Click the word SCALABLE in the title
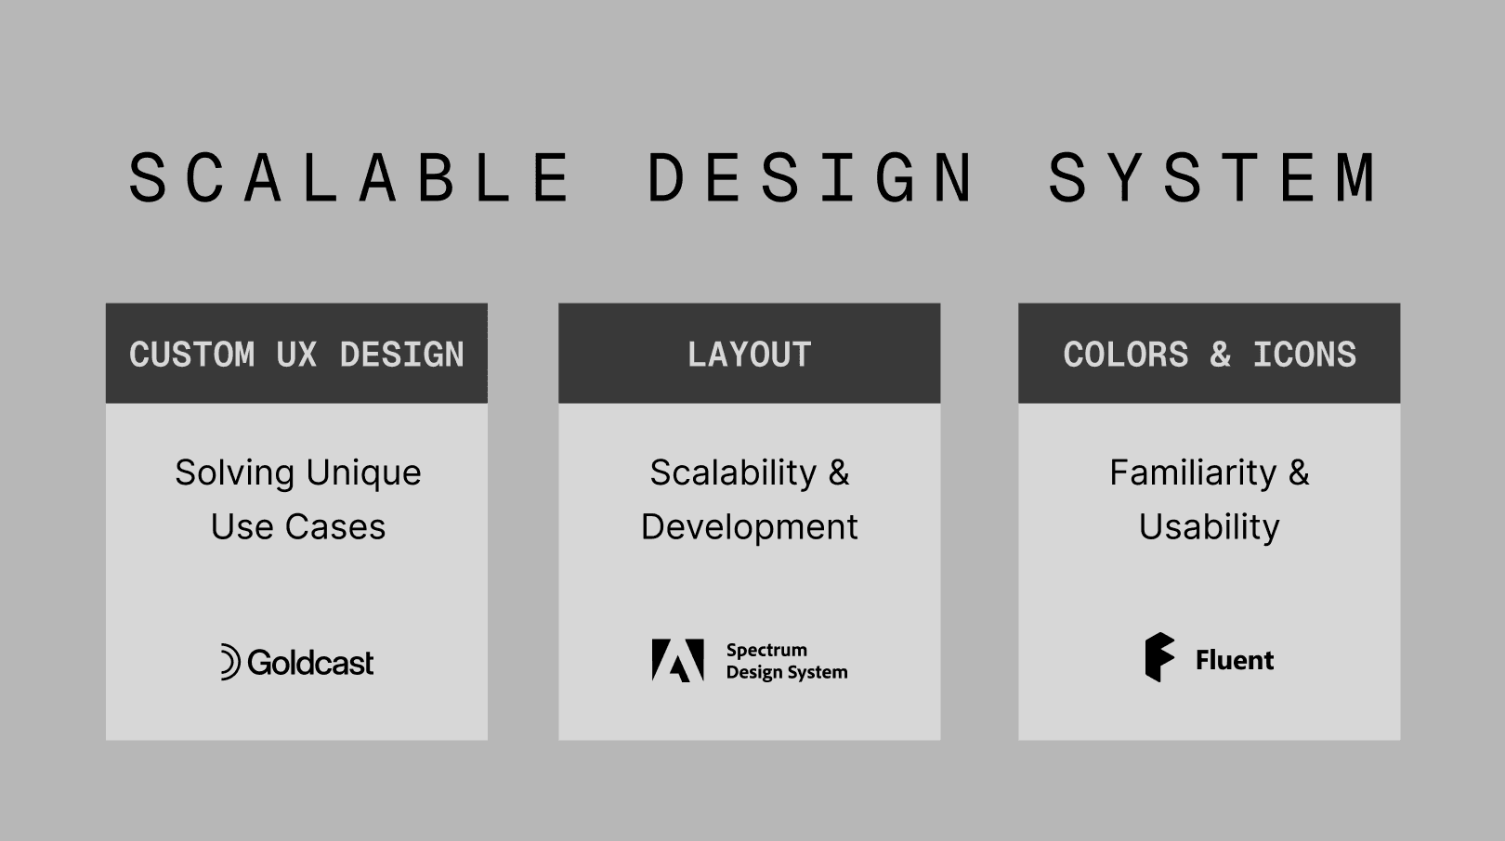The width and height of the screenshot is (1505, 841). (351, 177)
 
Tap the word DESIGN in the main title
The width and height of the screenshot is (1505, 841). (811, 177)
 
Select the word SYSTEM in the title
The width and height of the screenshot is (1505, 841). (1213, 177)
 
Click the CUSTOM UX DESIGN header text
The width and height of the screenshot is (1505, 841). (296, 355)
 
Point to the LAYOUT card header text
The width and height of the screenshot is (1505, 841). (749, 355)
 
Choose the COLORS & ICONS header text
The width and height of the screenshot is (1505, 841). (1210, 355)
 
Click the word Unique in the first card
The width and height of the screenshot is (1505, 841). (365, 473)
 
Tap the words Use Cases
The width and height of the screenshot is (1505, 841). (297, 527)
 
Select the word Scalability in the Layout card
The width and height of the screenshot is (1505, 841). (733, 473)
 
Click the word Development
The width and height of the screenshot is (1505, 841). (749, 527)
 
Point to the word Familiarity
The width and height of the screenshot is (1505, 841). (1193, 473)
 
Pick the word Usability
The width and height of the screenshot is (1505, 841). (1210, 527)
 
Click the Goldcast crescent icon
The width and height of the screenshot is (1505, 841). (229, 662)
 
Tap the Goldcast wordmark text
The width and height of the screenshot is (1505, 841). (310, 663)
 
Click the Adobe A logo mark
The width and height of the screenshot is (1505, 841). (677, 660)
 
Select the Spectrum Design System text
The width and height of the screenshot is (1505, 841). (786, 661)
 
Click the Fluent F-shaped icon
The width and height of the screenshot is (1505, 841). (1159, 657)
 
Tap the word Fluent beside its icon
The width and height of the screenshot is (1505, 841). (1235, 660)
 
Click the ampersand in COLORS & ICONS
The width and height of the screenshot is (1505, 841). (1220, 355)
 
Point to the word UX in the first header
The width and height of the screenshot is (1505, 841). (296, 355)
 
